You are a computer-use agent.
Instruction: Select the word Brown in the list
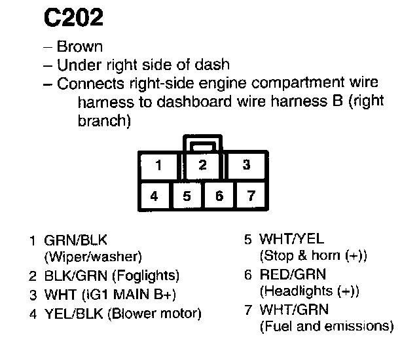point(79,47)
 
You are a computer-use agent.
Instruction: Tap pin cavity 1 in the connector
point(159,166)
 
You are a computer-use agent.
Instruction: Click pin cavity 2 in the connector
point(202,166)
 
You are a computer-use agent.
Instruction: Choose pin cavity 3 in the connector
point(246,166)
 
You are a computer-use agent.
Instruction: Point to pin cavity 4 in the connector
point(154,196)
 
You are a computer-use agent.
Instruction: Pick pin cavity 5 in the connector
point(187,196)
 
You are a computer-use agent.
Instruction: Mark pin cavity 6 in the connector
point(219,196)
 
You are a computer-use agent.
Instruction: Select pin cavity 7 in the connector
point(251,196)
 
